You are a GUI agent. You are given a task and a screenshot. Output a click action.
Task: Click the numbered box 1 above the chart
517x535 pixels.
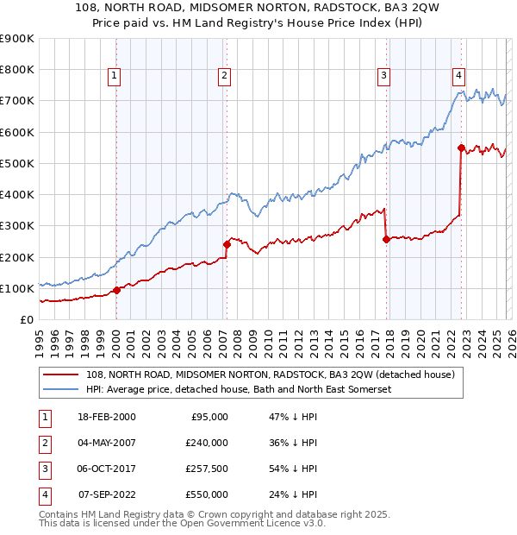[x=115, y=76]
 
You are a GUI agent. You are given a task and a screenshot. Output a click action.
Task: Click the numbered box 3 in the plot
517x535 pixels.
[x=383, y=76]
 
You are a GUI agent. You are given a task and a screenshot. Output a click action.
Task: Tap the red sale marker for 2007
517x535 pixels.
[x=227, y=244]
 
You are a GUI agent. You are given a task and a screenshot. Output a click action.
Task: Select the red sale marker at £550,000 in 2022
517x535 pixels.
[x=462, y=148]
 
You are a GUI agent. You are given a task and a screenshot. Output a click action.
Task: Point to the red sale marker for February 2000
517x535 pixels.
[x=116, y=290]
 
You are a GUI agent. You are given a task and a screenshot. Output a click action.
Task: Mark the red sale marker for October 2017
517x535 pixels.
[x=386, y=239]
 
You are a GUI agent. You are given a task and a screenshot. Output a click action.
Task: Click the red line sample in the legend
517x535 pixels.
[x=62, y=374]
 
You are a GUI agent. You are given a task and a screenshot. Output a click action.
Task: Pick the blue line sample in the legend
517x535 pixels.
[x=62, y=390]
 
